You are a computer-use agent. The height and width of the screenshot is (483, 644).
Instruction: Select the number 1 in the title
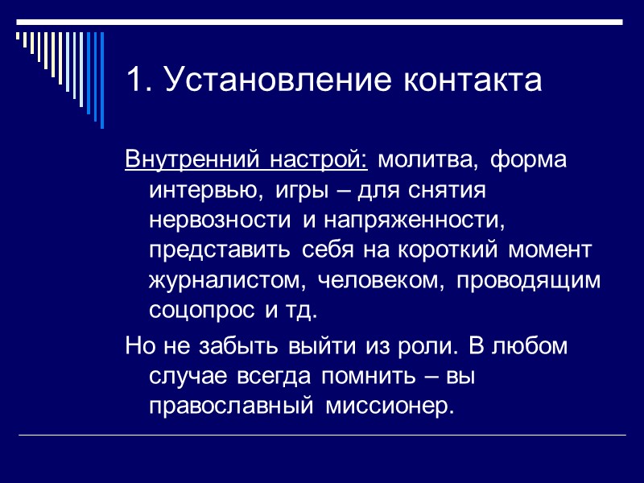(134, 80)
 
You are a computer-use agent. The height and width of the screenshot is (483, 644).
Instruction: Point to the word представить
(221, 250)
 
